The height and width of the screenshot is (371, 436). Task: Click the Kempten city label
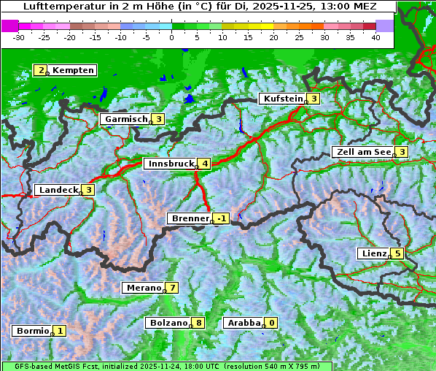coord(74,70)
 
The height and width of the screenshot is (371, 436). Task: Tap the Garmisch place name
coord(127,119)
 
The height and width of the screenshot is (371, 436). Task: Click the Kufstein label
coord(282,99)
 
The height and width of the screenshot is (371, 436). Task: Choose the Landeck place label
coord(58,190)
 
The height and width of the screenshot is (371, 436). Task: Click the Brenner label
coord(190,218)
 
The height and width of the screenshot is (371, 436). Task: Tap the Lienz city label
coord(374,253)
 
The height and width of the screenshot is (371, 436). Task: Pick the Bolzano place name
coord(169,323)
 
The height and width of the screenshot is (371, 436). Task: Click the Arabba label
coord(244,323)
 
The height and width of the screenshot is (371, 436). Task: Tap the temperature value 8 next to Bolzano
coord(198,323)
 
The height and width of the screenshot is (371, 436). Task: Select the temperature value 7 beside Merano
coord(172,288)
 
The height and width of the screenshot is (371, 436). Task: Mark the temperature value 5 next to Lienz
coord(397,253)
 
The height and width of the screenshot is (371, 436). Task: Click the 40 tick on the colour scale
coord(375,37)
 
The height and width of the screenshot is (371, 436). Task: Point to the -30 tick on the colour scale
coord(19,37)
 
